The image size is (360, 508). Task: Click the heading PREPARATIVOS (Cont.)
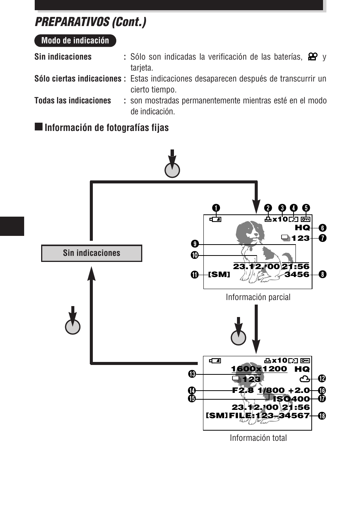click(x=91, y=22)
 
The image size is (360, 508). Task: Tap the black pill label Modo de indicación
click(x=75, y=41)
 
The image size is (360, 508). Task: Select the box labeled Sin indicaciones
click(x=92, y=253)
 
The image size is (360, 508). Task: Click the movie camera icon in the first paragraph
click(x=312, y=57)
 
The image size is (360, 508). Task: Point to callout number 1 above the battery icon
click(x=216, y=208)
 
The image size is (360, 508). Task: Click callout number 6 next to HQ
click(x=322, y=228)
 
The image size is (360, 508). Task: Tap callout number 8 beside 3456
click(x=322, y=274)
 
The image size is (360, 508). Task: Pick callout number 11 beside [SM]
click(x=195, y=274)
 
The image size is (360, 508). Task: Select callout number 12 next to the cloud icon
click(x=322, y=379)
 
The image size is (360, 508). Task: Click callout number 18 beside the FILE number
click(x=322, y=416)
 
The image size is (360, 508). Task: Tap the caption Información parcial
click(x=258, y=297)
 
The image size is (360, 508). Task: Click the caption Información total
click(x=258, y=438)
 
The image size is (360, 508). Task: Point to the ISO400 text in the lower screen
click(x=291, y=399)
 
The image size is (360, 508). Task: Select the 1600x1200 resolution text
click(x=259, y=369)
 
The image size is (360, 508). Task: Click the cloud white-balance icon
click(x=304, y=379)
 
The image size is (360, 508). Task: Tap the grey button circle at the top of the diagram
click(x=172, y=170)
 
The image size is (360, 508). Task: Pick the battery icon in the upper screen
click(x=215, y=219)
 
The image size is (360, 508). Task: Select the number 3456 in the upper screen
click(x=297, y=274)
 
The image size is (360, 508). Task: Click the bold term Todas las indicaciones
click(x=72, y=101)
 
